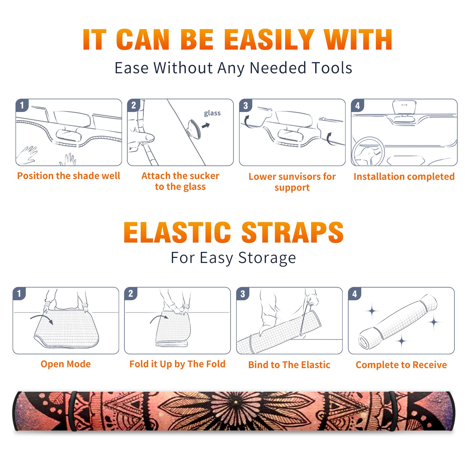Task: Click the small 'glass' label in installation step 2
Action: click(x=212, y=113)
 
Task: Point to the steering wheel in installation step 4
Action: click(x=368, y=151)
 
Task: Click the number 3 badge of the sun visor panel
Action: click(x=245, y=106)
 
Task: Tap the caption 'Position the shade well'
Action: click(x=69, y=176)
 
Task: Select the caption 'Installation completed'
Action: click(x=404, y=177)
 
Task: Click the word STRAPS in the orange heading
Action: click(x=292, y=232)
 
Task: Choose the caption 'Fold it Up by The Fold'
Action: click(x=177, y=364)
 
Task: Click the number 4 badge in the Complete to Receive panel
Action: click(x=355, y=294)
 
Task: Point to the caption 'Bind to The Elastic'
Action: click(x=289, y=365)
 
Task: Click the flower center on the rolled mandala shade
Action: click(x=235, y=402)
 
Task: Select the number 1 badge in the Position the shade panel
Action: click(x=22, y=105)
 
